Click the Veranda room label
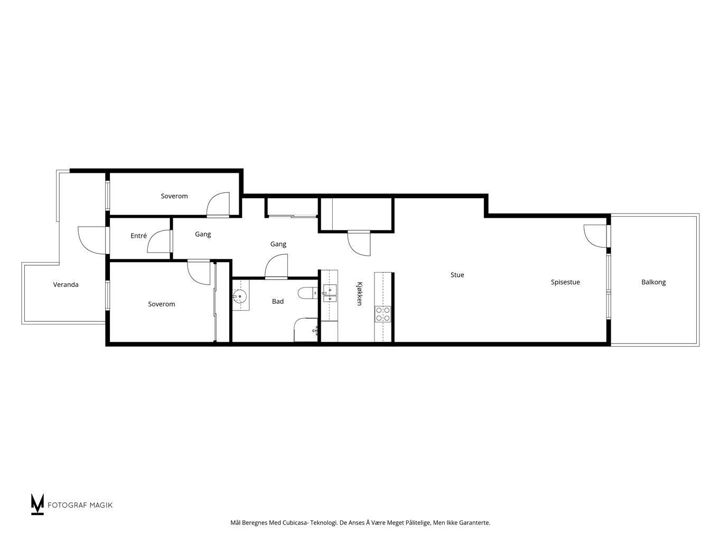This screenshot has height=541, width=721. [65, 284]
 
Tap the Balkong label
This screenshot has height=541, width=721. [653, 282]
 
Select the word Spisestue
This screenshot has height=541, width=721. [565, 282]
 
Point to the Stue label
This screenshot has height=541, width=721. [457, 275]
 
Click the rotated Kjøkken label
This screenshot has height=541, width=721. [360, 294]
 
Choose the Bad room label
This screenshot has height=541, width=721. [277, 301]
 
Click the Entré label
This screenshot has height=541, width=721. [138, 236]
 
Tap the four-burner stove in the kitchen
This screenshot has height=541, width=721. [383, 314]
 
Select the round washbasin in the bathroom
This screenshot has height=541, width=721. [239, 296]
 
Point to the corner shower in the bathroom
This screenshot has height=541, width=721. [306, 330]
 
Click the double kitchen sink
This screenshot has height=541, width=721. [330, 293]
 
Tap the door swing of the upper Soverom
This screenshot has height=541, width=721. [218, 204]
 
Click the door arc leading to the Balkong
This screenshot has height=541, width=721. [595, 236]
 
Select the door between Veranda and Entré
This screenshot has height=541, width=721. [92, 240]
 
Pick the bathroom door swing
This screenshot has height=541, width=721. [276, 266]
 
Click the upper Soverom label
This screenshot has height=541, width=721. [174, 196]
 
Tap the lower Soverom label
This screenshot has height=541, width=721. [161, 304]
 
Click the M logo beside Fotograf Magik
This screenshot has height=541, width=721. [37, 504]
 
